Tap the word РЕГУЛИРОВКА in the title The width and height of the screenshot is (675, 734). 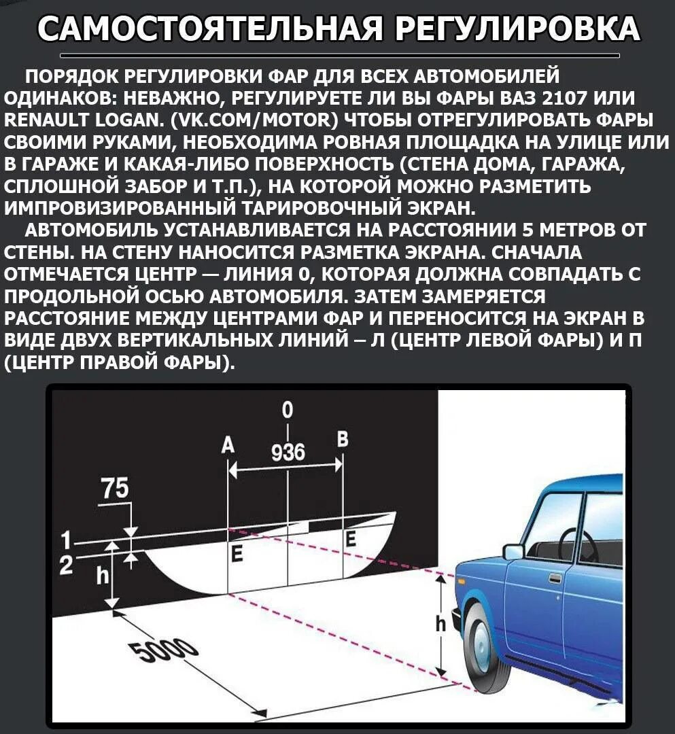point(517,29)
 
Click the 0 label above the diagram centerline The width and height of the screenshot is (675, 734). point(288,410)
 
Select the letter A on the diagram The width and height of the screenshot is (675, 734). point(228,445)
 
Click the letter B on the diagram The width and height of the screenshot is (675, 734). point(343,440)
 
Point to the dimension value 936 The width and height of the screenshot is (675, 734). point(288,453)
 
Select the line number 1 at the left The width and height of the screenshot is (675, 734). point(66,542)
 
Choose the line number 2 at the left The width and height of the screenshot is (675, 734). point(66,565)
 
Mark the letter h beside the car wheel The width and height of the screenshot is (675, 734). point(440,623)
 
